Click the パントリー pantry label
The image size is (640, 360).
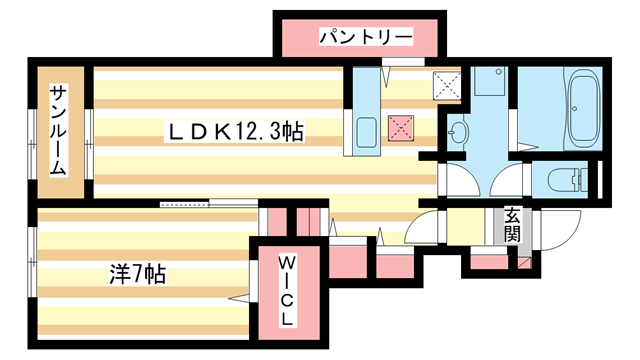pos(366,38)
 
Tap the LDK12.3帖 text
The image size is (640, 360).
pos(236,131)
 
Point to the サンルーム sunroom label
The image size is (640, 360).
pos(58,130)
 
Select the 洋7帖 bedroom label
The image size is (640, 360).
pos(136,273)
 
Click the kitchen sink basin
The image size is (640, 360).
pos(366,130)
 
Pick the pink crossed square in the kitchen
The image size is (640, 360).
pos(401,128)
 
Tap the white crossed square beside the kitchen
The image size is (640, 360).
pos(447,87)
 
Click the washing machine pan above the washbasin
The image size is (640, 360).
pos(489,81)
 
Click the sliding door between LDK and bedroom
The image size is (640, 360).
pos(186,204)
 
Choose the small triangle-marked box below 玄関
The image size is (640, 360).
pos(523,262)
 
